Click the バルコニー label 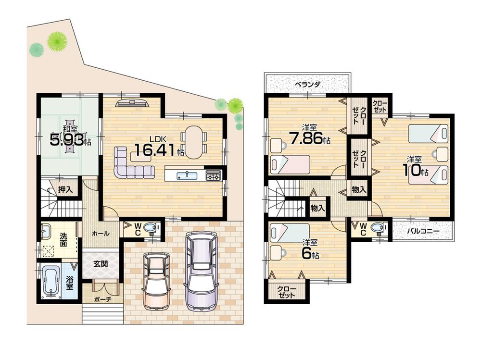pyautogui.click(x=423, y=231)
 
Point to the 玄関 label pyautogui.click(x=100, y=263)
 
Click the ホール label pyautogui.click(x=100, y=233)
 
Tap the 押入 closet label pyautogui.click(x=65, y=189)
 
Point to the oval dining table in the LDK pyautogui.click(x=193, y=142)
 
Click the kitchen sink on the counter pyautogui.click(x=184, y=175)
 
